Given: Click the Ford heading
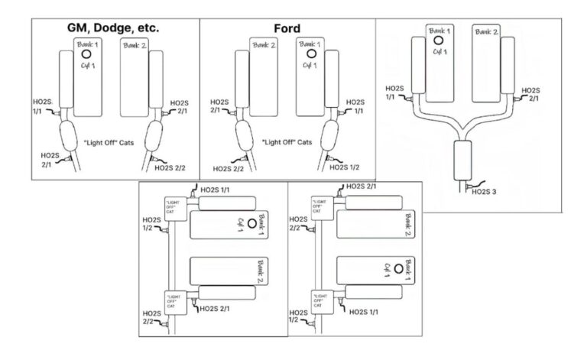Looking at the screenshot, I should (287, 29).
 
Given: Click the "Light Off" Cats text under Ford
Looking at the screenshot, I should (286, 143).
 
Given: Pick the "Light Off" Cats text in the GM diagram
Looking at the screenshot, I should (112, 143).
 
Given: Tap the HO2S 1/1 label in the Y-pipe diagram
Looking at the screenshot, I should (396, 92).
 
